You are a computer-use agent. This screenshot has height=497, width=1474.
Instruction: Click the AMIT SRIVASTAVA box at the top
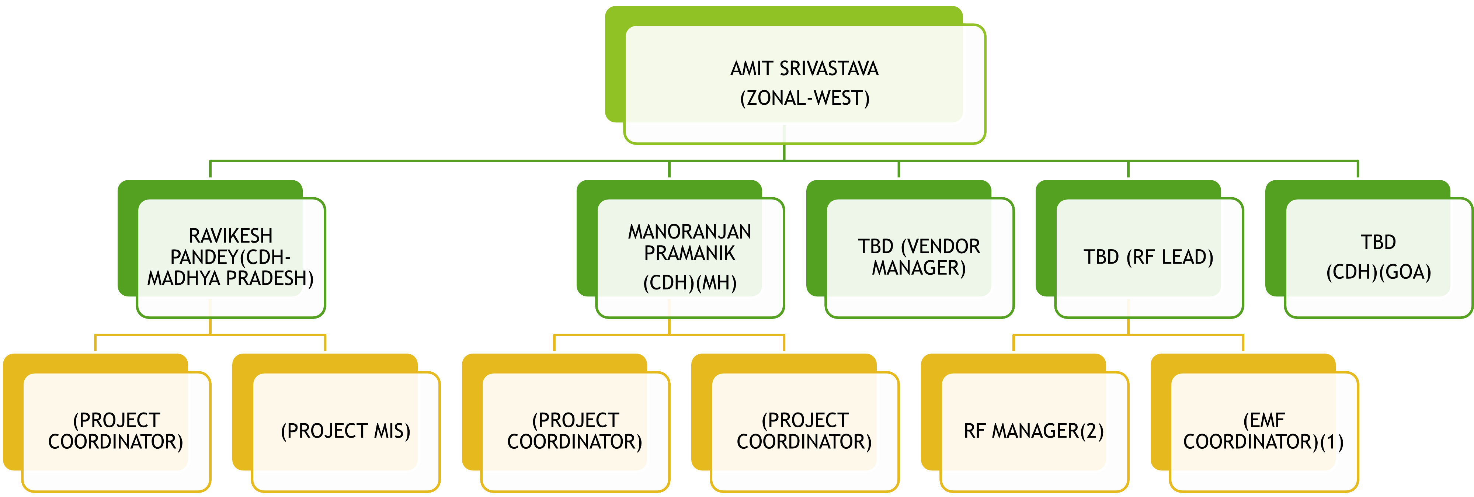click(x=804, y=83)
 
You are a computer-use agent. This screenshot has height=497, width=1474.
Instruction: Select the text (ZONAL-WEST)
click(x=804, y=98)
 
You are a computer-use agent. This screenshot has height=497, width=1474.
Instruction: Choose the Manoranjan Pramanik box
click(x=689, y=257)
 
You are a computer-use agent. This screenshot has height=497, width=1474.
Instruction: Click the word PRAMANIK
click(x=689, y=253)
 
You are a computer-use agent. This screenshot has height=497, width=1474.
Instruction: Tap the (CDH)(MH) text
click(x=689, y=282)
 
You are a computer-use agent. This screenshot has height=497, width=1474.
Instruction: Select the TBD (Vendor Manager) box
click(x=919, y=257)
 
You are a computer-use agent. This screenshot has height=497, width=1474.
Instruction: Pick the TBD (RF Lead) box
click(x=1148, y=257)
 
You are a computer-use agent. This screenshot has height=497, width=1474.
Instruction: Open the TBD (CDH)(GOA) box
click(x=1379, y=257)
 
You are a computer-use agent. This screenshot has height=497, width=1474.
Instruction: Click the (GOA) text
click(x=1405, y=272)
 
